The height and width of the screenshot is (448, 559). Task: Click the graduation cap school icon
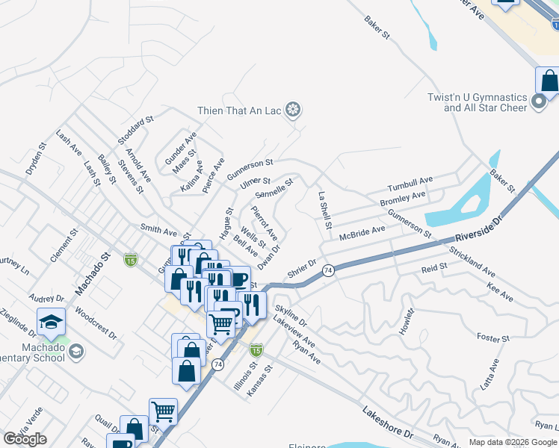51,321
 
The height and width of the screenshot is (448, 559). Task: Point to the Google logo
25,439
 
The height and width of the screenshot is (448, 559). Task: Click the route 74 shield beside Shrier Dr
327,272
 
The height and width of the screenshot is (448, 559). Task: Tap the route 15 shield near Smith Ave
131,260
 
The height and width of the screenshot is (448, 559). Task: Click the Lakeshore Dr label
388,423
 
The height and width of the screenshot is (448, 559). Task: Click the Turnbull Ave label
410,184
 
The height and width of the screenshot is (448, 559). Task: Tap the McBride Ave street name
362,233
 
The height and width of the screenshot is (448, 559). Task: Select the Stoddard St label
135,130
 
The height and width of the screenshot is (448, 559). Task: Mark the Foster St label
492,338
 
